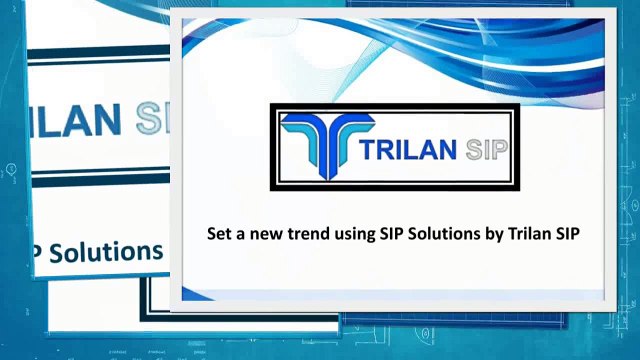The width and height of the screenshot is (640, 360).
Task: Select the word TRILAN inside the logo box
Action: [406, 151]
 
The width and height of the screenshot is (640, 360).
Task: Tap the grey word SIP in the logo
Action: [486, 151]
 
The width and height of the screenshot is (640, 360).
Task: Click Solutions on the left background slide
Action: [106, 250]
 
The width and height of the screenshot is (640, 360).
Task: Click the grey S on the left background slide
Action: [150, 117]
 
